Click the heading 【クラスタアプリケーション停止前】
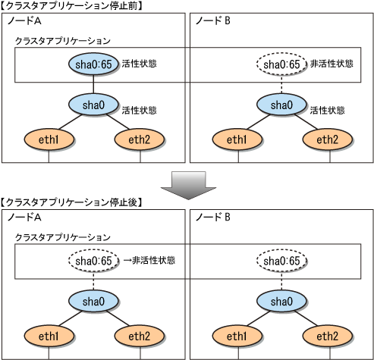click(72, 6)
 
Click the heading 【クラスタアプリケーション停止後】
click(72, 202)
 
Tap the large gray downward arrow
click(188, 186)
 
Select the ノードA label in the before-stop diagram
click(24, 20)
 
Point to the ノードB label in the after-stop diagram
click(213, 217)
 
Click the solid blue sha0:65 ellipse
click(93, 64)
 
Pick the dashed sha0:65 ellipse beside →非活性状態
click(93, 261)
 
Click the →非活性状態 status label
click(149, 260)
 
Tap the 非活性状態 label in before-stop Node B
click(332, 64)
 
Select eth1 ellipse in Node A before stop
click(49, 139)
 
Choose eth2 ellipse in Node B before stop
click(328, 139)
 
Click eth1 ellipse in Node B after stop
click(237, 336)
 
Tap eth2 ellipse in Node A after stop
click(140, 336)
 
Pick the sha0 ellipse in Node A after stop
click(93, 301)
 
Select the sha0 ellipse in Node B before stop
click(281, 105)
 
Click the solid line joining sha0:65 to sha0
click(93, 84)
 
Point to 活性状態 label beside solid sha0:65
click(140, 64)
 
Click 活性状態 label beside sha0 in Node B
click(328, 111)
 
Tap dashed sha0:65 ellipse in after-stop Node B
click(281, 261)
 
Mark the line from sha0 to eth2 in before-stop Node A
click(118, 122)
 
